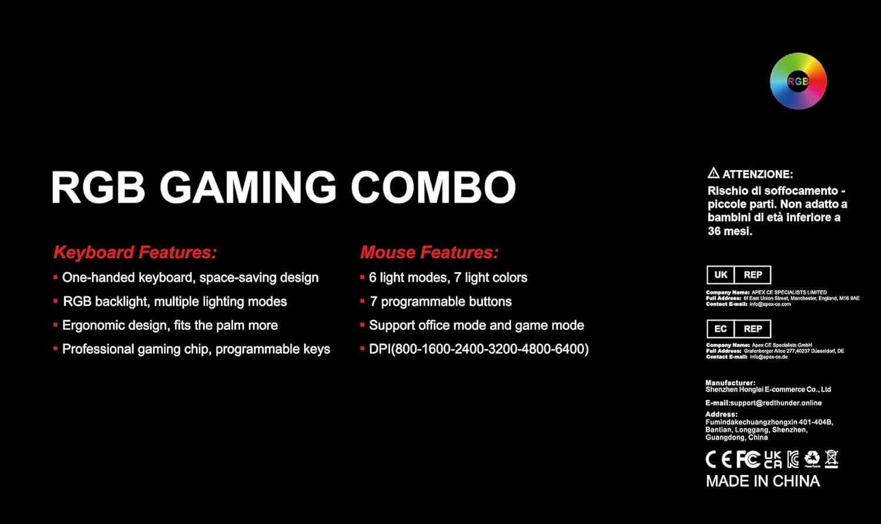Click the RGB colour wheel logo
pyautogui.click(x=798, y=81)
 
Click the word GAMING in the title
pyautogui.click(x=248, y=187)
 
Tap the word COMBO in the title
pyautogui.click(x=433, y=187)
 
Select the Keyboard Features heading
pyautogui.click(x=135, y=252)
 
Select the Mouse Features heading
pyautogui.click(x=429, y=252)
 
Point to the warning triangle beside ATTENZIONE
pyautogui.click(x=714, y=173)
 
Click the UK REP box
pyautogui.click(x=739, y=275)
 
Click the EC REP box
pyautogui.click(x=739, y=329)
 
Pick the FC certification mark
pyautogui.click(x=748, y=459)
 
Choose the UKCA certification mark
pyautogui.click(x=773, y=459)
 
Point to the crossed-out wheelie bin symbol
pyautogui.click(x=832, y=459)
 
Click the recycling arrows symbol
pyautogui.click(x=812, y=459)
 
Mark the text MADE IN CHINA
pyautogui.click(x=763, y=481)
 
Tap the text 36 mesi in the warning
pyautogui.click(x=730, y=231)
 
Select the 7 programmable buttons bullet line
pyautogui.click(x=436, y=302)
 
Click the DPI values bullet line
pyautogui.click(x=475, y=349)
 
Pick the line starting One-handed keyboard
pyautogui.click(x=186, y=278)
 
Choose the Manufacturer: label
pyautogui.click(x=731, y=383)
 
